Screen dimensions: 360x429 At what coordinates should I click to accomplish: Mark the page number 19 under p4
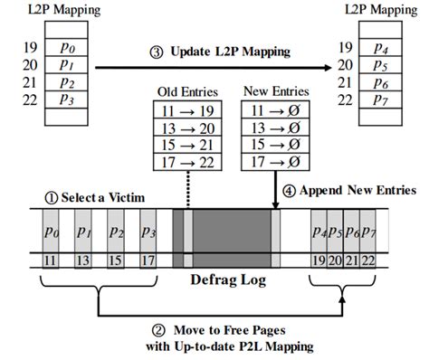click(x=319, y=261)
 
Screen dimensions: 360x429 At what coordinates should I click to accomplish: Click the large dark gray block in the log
click(x=230, y=238)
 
